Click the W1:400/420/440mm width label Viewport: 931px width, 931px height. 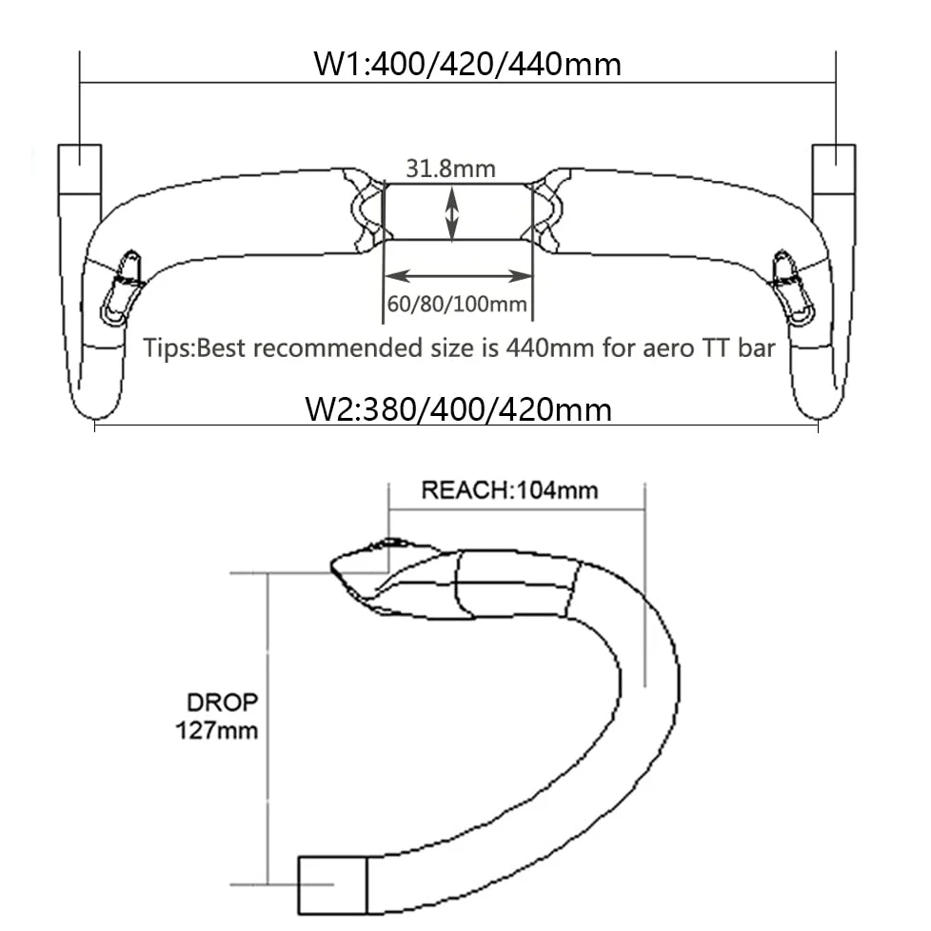click(x=467, y=64)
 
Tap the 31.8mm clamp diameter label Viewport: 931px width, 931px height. click(x=450, y=168)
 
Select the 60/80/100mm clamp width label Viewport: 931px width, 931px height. click(x=457, y=304)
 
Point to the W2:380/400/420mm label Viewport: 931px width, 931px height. click(x=458, y=409)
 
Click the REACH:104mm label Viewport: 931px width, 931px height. click(x=509, y=490)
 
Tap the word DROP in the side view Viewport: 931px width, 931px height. click(x=223, y=703)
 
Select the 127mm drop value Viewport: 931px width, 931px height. click(x=217, y=730)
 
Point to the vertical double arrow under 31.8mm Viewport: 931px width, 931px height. click(x=452, y=214)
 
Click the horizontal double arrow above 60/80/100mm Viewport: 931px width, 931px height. click(x=458, y=276)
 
